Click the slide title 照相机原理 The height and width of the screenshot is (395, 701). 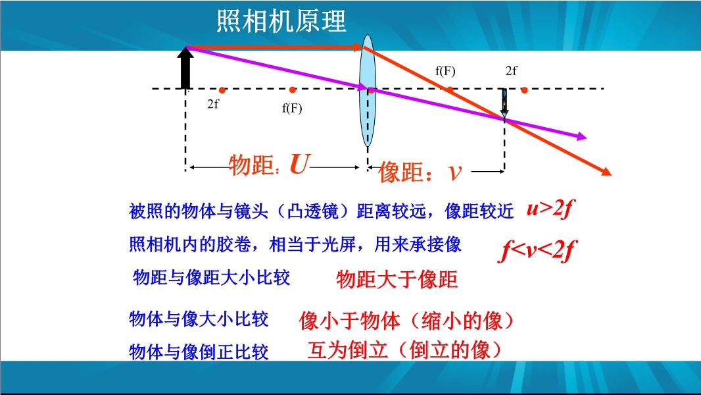coord(281,21)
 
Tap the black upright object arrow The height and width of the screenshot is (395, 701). coord(185,68)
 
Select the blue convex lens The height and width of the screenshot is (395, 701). coord(368,91)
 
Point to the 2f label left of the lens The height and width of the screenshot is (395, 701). coord(213,104)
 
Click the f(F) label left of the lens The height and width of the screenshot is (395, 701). coord(292,108)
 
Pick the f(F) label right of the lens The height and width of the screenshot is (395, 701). coord(445,70)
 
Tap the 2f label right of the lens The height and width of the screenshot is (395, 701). coord(512,70)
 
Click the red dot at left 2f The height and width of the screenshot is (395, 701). coord(222,90)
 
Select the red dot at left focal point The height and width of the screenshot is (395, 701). coord(293,90)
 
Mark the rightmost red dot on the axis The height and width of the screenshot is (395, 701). coord(524,90)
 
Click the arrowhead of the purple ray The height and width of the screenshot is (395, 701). coord(581,136)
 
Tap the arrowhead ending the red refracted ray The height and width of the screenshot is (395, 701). coord(606,171)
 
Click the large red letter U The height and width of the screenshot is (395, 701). coord(299,164)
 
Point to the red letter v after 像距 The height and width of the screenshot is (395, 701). coord(454,172)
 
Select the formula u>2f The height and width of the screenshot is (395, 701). coord(550,209)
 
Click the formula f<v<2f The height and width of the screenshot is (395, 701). coord(537,251)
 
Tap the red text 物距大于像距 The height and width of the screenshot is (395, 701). coord(397,280)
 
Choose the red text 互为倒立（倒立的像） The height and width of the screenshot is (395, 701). coord(404,350)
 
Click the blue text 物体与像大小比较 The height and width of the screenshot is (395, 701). coord(199,319)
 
